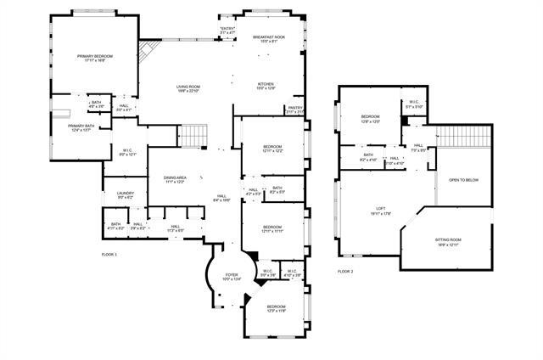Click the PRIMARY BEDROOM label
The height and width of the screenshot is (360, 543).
pos(95,56)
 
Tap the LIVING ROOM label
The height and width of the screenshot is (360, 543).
pos(188,87)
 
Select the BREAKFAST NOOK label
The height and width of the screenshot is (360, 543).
pos(269,37)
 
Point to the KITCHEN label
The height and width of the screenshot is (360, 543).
pos(266,83)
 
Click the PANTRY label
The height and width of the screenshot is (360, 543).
pos(294,108)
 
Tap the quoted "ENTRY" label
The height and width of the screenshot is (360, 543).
pos(227,29)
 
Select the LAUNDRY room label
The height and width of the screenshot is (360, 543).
pos(126,194)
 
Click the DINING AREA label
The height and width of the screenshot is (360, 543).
pos(176,177)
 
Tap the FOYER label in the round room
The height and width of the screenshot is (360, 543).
pos(232,275)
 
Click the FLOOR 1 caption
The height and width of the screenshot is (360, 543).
pos(109,255)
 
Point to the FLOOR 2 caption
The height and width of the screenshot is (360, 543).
pos(345,271)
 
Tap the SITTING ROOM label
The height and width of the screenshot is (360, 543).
pos(448,240)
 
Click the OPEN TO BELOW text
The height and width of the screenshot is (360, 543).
pos(464,180)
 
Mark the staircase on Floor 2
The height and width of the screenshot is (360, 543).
pos(464,136)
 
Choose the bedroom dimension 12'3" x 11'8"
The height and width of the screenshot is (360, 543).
pos(277,310)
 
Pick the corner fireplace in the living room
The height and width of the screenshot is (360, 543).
pos(148,53)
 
